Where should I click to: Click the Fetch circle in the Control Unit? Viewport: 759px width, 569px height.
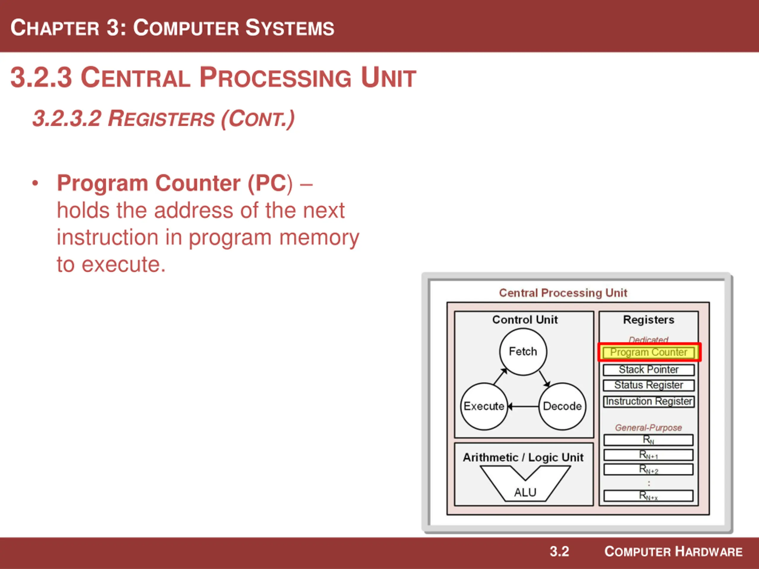[523, 351]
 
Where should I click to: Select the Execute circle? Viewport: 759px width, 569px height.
[484, 406]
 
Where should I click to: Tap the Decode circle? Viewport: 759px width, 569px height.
[562, 406]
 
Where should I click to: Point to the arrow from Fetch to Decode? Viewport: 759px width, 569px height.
[545, 379]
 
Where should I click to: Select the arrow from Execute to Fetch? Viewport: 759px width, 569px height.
[500, 376]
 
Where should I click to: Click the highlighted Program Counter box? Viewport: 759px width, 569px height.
[649, 352]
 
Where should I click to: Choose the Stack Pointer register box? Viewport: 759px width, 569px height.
[648, 370]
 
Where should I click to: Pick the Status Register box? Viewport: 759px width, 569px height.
[648, 385]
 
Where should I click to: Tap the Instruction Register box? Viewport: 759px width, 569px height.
[648, 401]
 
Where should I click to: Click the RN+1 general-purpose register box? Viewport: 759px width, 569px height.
[648, 455]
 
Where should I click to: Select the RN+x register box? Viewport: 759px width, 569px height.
[648, 496]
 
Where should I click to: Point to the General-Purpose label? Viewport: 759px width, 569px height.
[648, 428]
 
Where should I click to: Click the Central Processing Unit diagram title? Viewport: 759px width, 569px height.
[563, 293]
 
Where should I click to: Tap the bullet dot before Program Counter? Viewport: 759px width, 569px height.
[35, 183]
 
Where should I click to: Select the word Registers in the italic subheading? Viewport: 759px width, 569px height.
[161, 119]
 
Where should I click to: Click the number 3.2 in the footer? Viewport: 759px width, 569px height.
[559, 552]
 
